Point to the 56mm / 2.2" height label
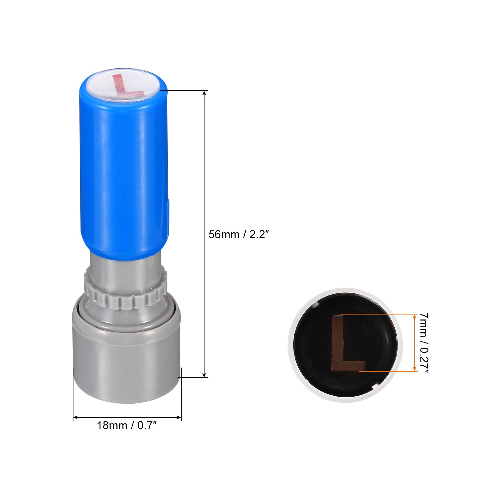coord(237,234)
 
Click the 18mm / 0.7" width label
coord(127,425)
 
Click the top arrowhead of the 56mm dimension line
coord(204,93)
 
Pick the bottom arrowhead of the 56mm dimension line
coord(204,375)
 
